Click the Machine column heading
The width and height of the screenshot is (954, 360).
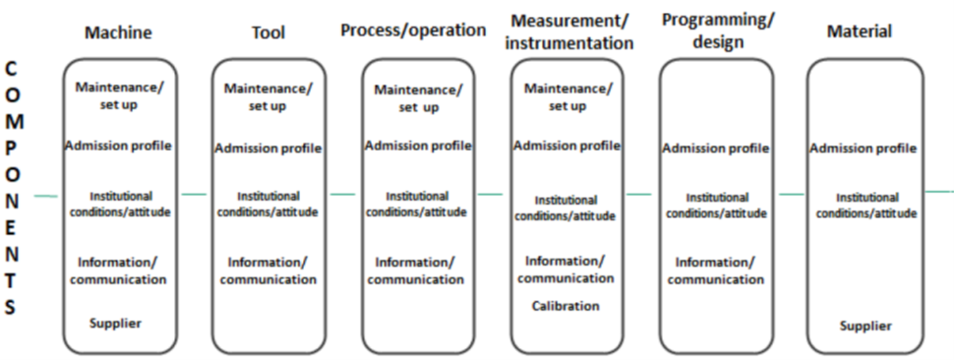(x=118, y=32)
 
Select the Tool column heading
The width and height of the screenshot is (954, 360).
(x=268, y=32)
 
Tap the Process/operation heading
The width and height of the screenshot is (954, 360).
(x=413, y=30)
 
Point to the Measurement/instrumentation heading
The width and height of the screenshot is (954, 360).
(x=571, y=31)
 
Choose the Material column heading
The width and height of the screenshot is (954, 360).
(x=860, y=32)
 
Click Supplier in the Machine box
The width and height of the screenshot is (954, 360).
(x=116, y=323)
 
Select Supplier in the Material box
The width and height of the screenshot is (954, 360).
(x=865, y=326)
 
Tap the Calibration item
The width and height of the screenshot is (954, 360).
(x=566, y=306)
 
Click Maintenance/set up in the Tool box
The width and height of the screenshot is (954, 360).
(x=268, y=96)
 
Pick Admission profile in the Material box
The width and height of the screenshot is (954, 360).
(x=864, y=149)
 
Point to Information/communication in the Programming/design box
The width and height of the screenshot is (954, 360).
(x=715, y=270)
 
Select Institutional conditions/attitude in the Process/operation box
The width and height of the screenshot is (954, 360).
(x=417, y=204)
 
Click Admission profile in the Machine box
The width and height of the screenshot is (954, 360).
(x=118, y=147)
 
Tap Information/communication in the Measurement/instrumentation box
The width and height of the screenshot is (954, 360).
(x=566, y=269)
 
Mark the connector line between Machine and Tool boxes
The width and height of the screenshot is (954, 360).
(x=194, y=194)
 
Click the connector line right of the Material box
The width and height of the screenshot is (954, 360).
(x=938, y=191)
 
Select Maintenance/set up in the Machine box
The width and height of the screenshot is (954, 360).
(x=119, y=94)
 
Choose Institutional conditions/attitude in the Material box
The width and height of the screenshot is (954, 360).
(x=866, y=205)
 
